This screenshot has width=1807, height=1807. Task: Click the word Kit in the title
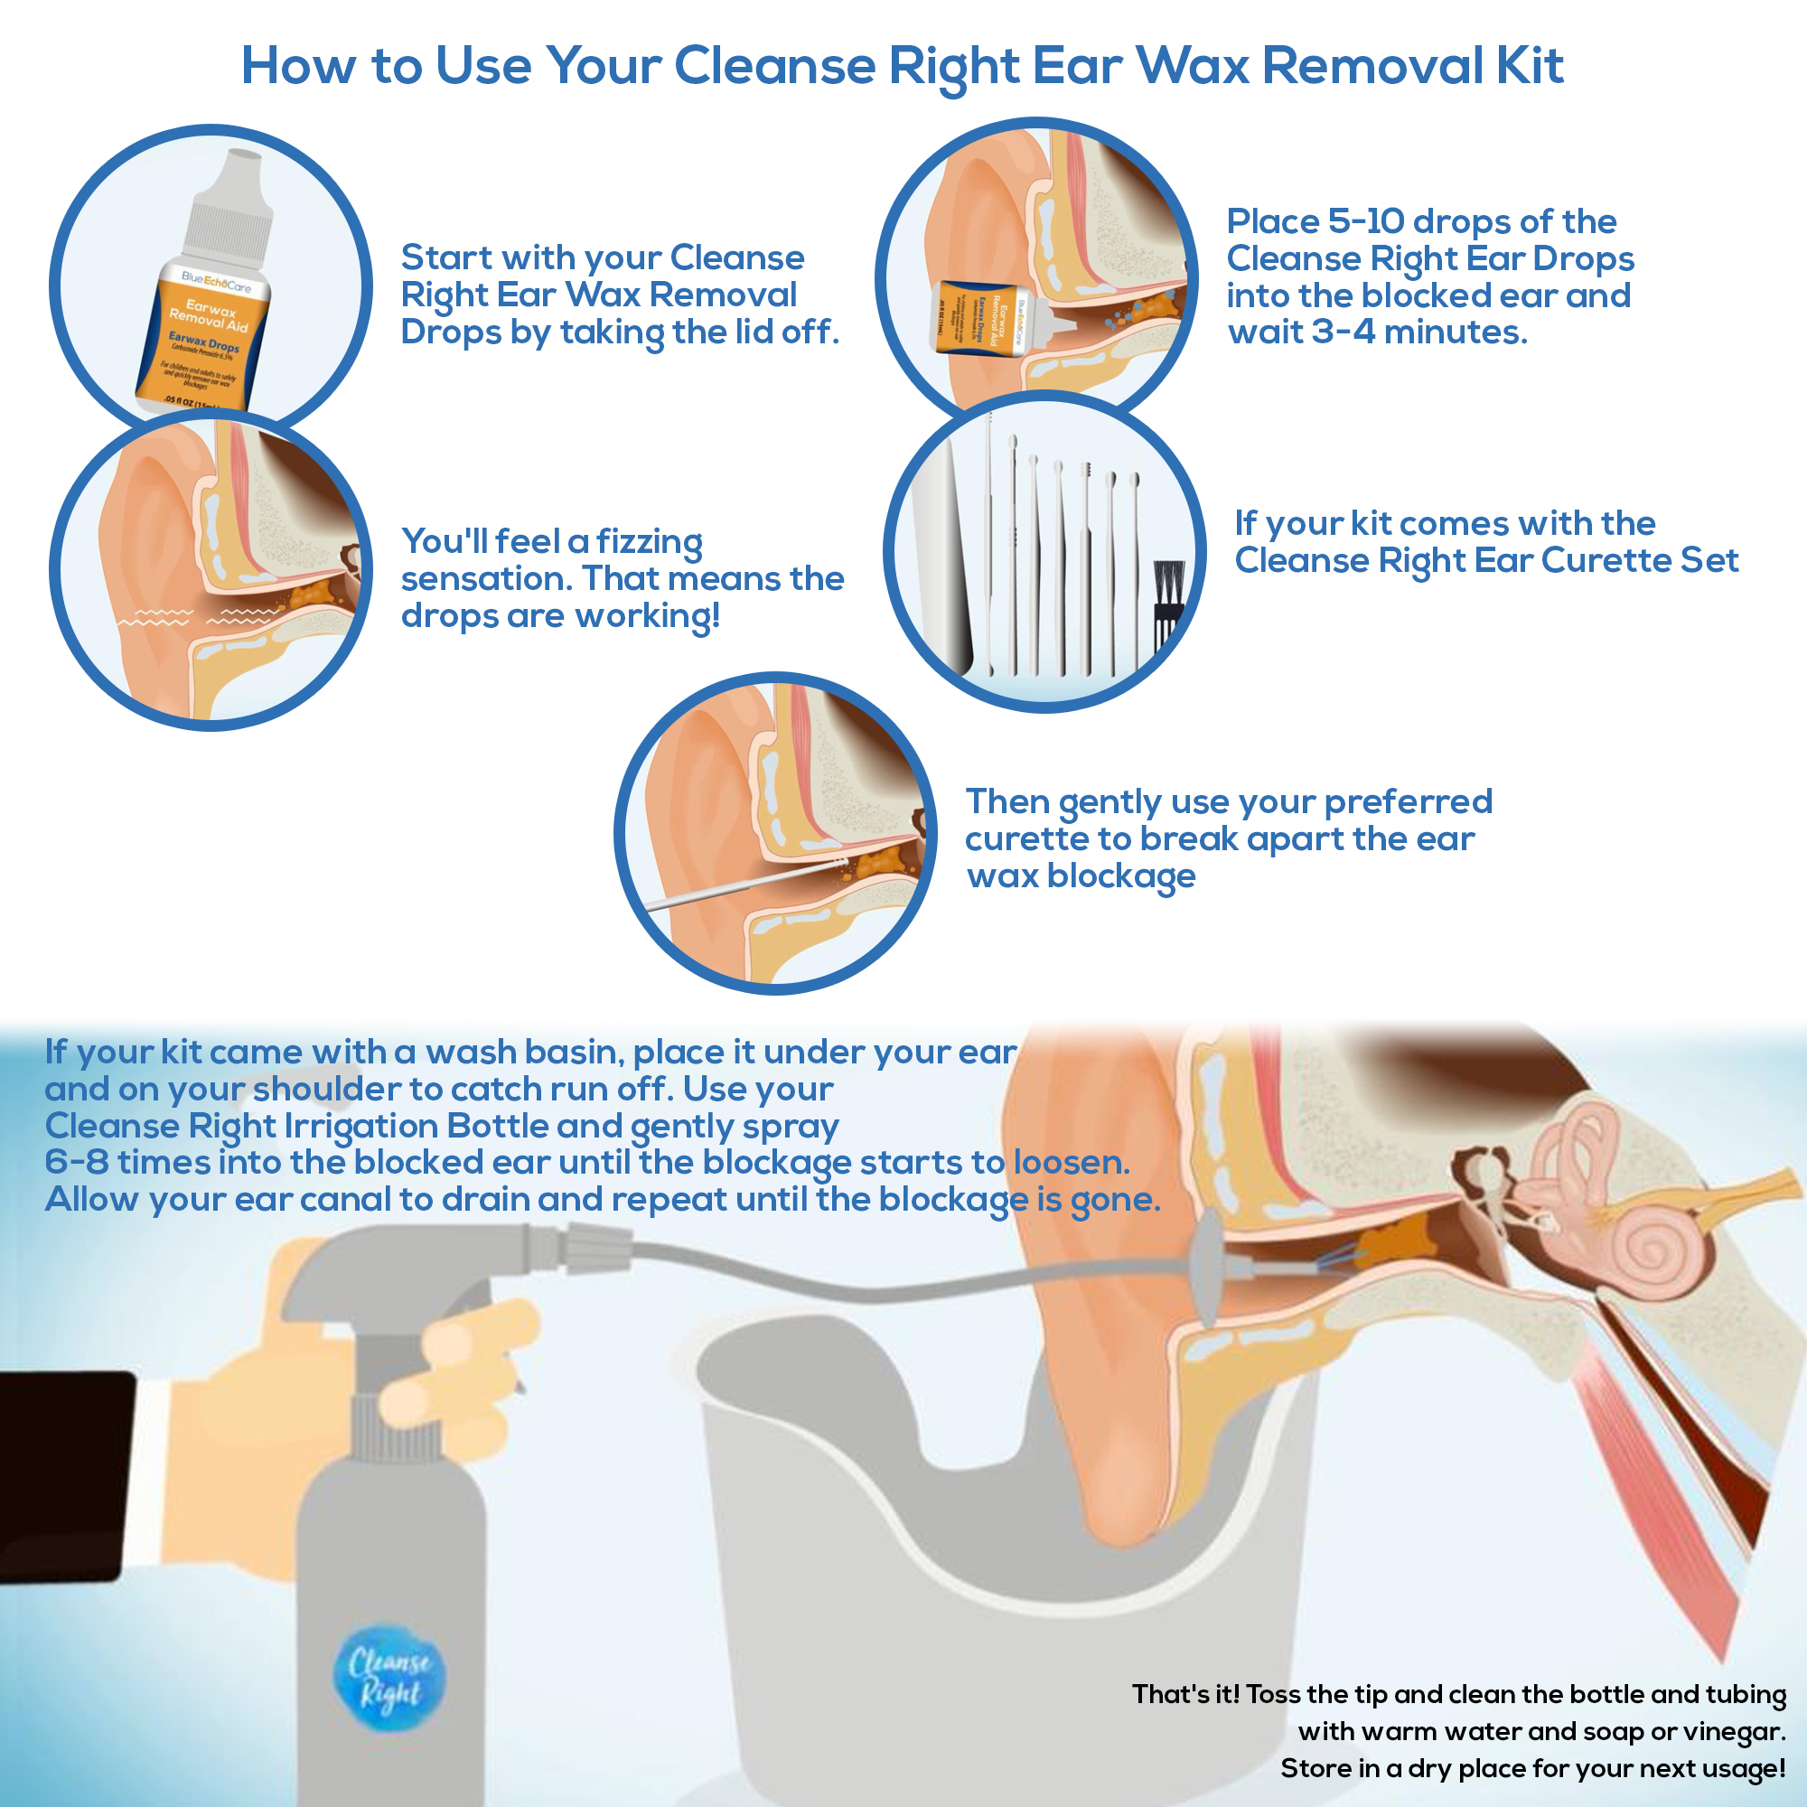pos(1530,65)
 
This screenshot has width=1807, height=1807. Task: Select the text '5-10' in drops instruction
pos(1365,221)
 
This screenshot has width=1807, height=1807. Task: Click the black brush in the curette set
pos(1167,604)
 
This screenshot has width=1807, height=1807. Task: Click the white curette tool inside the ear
pos(739,884)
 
